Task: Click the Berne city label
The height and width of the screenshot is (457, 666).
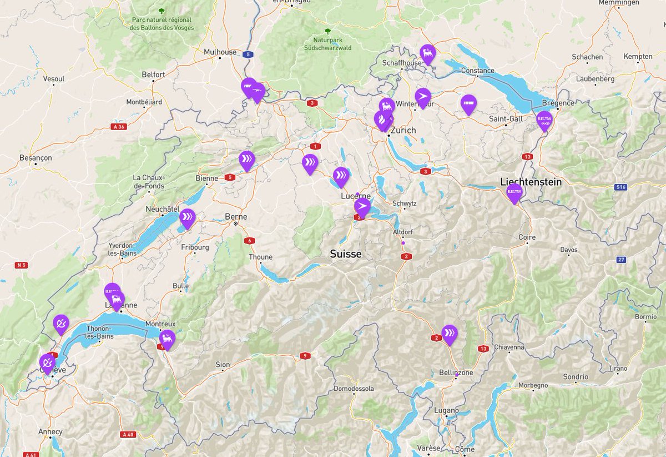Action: tap(236, 216)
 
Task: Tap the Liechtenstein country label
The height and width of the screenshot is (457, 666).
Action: tap(531, 182)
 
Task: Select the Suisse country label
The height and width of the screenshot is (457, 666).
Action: tap(345, 254)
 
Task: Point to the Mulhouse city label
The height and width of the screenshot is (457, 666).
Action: tap(220, 52)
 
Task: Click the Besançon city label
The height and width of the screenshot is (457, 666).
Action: tap(36, 158)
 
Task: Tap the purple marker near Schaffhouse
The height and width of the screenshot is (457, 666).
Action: tap(427, 54)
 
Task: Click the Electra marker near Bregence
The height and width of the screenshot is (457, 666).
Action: tap(544, 120)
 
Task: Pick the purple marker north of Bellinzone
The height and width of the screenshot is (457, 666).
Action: tap(449, 334)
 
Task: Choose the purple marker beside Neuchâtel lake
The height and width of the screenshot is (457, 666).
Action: tap(188, 217)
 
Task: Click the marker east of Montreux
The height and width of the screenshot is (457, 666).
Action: tap(167, 339)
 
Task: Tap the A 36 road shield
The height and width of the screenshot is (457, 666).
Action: tap(118, 127)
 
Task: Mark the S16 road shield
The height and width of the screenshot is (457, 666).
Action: tap(620, 187)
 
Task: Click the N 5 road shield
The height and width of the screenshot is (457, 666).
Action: tap(22, 265)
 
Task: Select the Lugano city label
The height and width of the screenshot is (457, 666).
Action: tap(447, 410)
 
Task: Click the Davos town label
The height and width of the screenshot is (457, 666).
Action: tap(568, 250)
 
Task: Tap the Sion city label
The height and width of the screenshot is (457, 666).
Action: tap(223, 365)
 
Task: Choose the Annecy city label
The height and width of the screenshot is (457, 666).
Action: tap(51, 431)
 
